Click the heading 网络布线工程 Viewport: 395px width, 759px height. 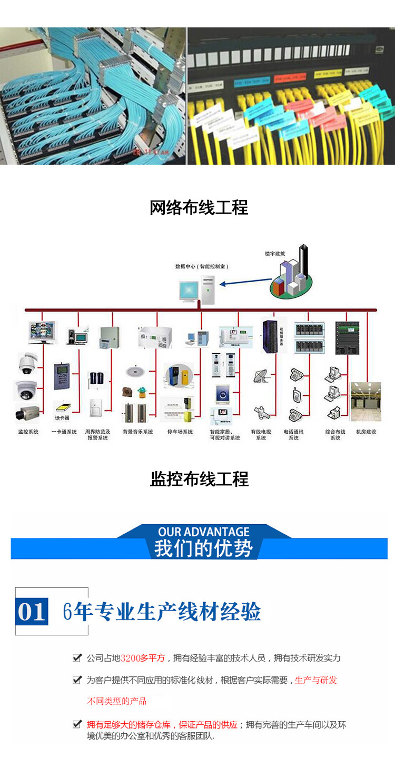(x=199, y=208)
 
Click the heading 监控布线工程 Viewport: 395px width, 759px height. (x=199, y=479)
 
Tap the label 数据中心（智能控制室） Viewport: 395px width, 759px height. (x=202, y=267)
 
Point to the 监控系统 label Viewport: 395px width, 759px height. (x=27, y=432)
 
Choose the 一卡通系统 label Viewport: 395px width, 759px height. (x=64, y=432)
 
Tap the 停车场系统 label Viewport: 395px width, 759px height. (x=180, y=432)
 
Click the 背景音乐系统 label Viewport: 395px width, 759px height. (x=138, y=432)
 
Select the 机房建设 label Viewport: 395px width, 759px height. (x=366, y=432)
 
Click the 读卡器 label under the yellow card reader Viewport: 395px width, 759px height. (x=62, y=418)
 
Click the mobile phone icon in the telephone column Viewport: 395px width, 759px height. (x=296, y=394)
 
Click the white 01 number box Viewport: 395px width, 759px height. (x=32, y=612)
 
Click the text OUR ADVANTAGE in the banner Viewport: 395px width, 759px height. (x=204, y=532)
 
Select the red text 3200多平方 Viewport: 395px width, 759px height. (x=143, y=658)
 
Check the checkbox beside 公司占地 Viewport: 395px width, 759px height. (x=77, y=658)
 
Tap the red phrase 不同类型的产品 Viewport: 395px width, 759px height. (x=116, y=701)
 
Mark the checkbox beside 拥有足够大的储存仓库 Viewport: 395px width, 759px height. (x=77, y=724)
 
